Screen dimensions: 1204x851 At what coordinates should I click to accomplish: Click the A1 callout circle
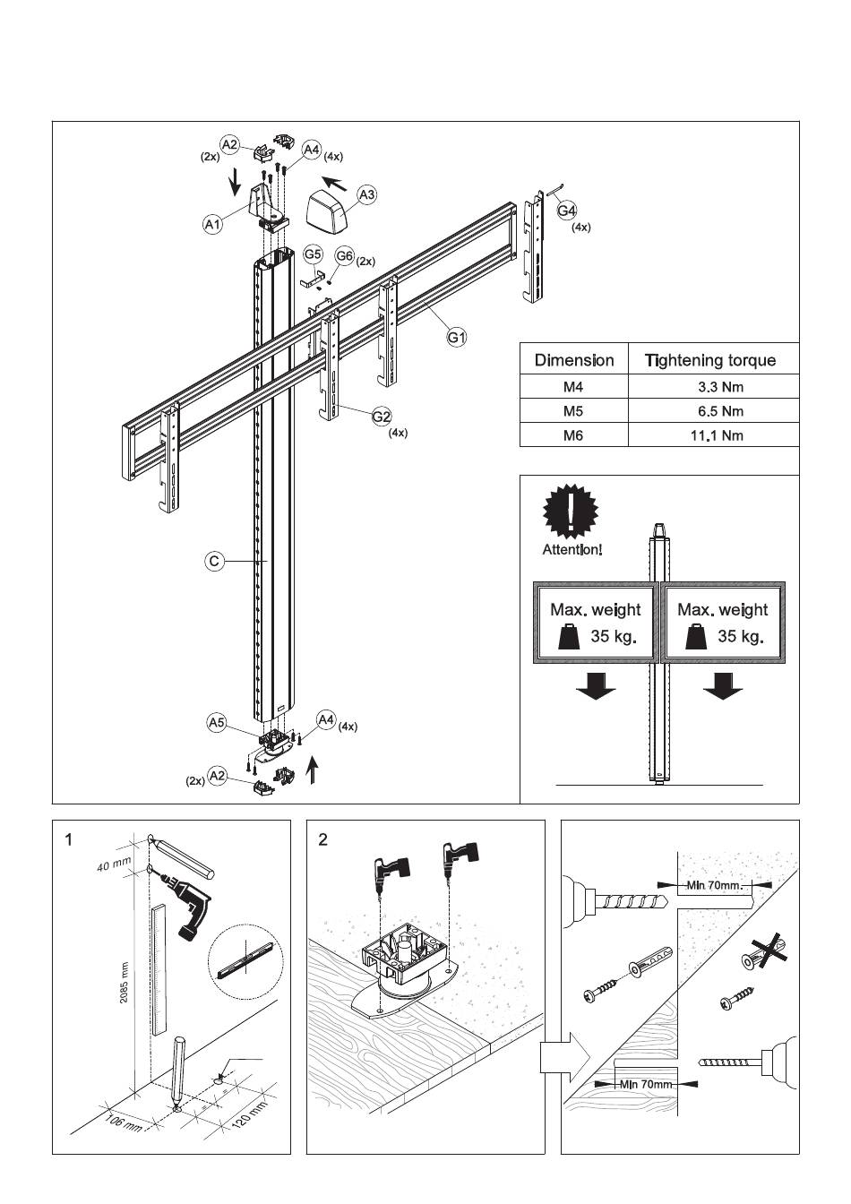tap(212, 225)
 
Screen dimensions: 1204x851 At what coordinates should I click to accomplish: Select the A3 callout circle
tap(366, 194)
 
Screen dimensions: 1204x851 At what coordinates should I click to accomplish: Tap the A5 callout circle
tap(217, 721)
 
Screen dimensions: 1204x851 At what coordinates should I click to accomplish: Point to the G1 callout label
tap(457, 338)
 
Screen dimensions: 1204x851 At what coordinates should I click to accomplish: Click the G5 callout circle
tap(313, 255)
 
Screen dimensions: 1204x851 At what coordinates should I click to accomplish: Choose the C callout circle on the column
tap(214, 562)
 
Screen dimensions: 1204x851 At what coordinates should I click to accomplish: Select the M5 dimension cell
tap(573, 411)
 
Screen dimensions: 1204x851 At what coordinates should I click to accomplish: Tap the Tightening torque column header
tap(710, 360)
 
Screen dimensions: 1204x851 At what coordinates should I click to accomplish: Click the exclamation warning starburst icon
tap(571, 511)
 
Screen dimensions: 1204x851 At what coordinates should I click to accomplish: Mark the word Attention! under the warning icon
tap(572, 549)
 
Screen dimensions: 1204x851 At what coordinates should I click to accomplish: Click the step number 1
tap(68, 839)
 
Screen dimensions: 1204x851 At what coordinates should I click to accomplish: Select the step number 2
tap(322, 839)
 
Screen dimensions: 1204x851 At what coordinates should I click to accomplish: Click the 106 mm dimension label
tap(120, 1122)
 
